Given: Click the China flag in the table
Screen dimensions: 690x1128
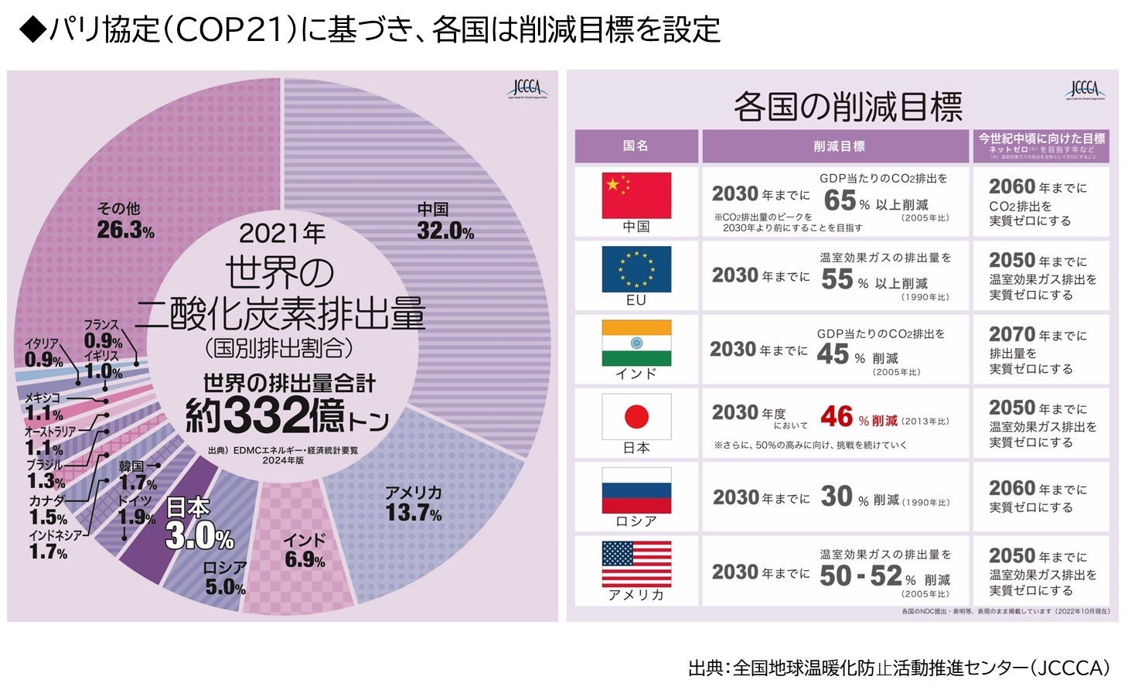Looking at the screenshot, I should point(636,195).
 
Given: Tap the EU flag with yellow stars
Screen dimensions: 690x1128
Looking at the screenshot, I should point(636,268).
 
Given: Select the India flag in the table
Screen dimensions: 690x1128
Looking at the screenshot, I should point(636,342).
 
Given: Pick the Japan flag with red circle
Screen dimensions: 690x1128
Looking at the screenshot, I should point(636,417).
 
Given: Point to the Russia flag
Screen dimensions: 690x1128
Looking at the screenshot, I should point(636,490).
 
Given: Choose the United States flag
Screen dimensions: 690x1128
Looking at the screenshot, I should point(636,564).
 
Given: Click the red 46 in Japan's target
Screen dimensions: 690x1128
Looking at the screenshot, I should point(837,417).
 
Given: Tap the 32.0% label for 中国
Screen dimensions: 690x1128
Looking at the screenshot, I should point(445,231).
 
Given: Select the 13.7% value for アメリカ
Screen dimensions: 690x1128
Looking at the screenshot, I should point(414,512).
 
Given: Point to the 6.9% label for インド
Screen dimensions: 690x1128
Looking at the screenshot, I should point(305,559).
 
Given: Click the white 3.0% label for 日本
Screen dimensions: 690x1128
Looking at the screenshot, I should point(199,535).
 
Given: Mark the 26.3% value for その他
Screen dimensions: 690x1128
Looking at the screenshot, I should point(125,230).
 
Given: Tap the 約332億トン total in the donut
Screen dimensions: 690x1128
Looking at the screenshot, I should point(287,416).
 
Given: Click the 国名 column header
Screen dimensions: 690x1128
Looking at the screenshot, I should point(636,145).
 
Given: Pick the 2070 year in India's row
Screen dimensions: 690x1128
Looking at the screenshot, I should point(1011,334).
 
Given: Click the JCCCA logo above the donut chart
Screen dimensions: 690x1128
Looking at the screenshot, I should point(526,88).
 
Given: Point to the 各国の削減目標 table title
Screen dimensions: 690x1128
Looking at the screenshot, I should point(848,106).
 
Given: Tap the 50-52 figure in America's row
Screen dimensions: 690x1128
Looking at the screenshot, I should point(860,576).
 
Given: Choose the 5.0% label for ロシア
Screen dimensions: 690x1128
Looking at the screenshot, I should point(225,587).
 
